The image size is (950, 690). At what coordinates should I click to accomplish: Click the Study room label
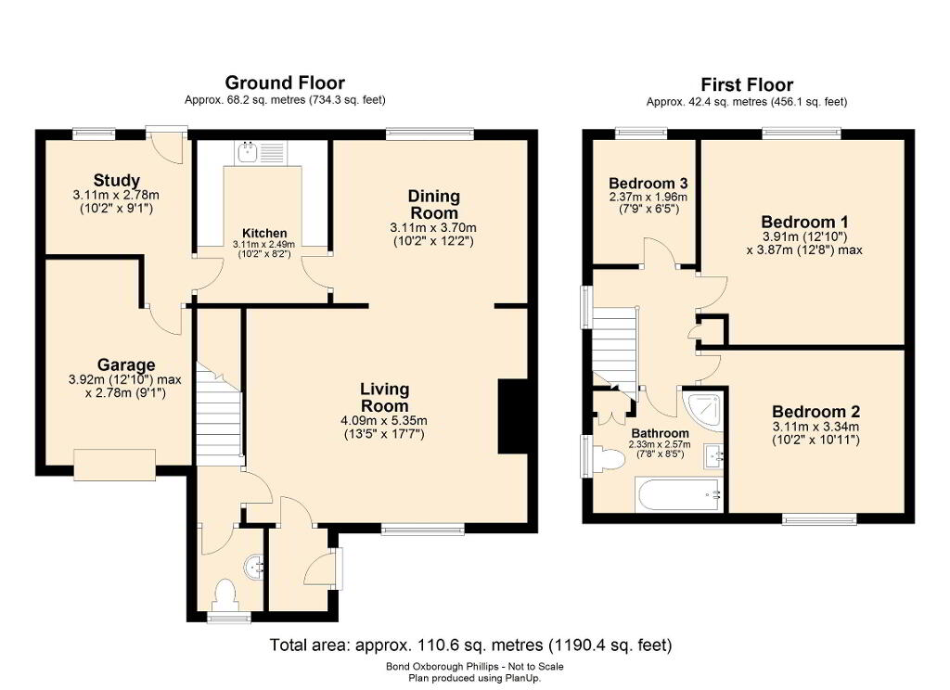pos(116,181)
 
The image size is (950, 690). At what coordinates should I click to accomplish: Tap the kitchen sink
pos(247,152)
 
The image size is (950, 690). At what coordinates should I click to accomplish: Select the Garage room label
pos(126,365)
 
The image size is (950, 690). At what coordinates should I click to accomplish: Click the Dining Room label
pos(434,205)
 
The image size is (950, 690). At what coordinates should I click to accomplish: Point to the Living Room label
pos(385,398)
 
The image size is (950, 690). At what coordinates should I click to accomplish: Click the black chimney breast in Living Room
pos(512,416)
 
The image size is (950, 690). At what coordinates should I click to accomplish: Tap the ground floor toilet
pos(225,595)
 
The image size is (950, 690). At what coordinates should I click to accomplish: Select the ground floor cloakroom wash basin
pos(254,568)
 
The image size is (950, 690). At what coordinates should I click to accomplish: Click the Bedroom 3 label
pos(648,183)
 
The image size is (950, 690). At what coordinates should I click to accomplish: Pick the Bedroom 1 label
pos(804,222)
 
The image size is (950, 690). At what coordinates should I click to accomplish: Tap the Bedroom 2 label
pos(815,412)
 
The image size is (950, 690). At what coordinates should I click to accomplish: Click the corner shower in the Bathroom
pos(703,411)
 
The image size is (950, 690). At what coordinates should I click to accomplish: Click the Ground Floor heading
pos(285,83)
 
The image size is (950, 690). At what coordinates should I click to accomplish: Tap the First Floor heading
pos(747,84)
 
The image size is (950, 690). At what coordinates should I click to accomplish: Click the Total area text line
pos(470,645)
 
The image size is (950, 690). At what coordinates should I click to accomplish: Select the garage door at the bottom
pos(114,466)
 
